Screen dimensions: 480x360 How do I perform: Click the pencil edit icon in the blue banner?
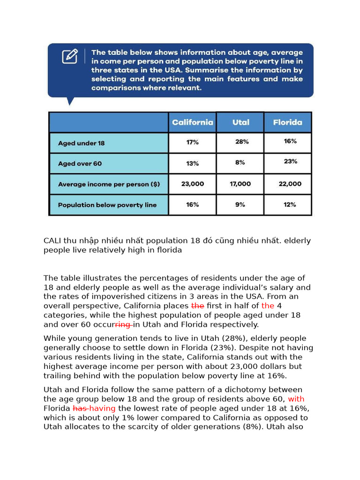(x=70, y=56)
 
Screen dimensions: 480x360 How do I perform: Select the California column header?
(x=192, y=122)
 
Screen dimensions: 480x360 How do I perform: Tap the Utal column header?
(x=240, y=122)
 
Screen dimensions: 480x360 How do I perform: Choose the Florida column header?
(x=287, y=122)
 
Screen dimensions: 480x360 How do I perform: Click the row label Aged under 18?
(x=81, y=143)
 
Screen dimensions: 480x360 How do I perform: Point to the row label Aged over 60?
(x=80, y=164)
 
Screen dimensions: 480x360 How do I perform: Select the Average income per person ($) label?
(x=109, y=184)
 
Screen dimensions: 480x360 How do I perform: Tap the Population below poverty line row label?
(x=107, y=205)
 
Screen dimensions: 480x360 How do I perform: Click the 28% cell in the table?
(x=242, y=142)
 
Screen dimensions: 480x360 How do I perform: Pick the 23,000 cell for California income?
(x=192, y=184)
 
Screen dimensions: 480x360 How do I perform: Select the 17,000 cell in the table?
(x=240, y=184)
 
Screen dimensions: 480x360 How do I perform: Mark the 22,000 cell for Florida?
(x=290, y=184)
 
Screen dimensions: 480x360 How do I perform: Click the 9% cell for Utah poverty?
(x=240, y=204)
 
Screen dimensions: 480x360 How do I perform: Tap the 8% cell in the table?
(x=240, y=163)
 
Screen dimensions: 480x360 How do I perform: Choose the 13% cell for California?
(x=192, y=163)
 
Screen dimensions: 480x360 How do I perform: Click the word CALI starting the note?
(x=53, y=240)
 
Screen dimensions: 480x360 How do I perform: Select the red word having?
(x=102, y=408)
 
